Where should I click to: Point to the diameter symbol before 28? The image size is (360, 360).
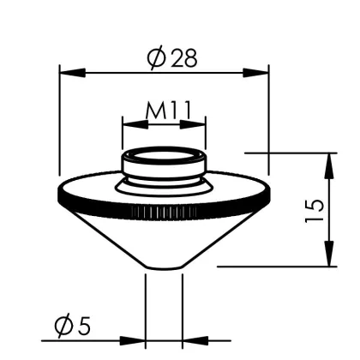pyautogui.click(x=157, y=58)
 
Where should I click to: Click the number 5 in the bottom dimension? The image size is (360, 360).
pyautogui.click(x=84, y=326)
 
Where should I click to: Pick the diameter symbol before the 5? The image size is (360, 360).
pyautogui.click(x=62, y=327)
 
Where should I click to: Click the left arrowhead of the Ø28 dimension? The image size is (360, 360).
pyautogui.click(x=65, y=73)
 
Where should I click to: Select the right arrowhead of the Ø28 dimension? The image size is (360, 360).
pyautogui.click(x=262, y=73)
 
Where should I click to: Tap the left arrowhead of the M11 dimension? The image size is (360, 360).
pyautogui.click(x=128, y=123)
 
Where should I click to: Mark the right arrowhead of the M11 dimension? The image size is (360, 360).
pyautogui.click(x=201, y=123)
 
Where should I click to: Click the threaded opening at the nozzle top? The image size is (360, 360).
pyautogui.click(x=163, y=157)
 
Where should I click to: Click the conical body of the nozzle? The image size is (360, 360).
pyautogui.click(x=163, y=240)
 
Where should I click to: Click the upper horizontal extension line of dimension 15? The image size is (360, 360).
pyautogui.click(x=291, y=153)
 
